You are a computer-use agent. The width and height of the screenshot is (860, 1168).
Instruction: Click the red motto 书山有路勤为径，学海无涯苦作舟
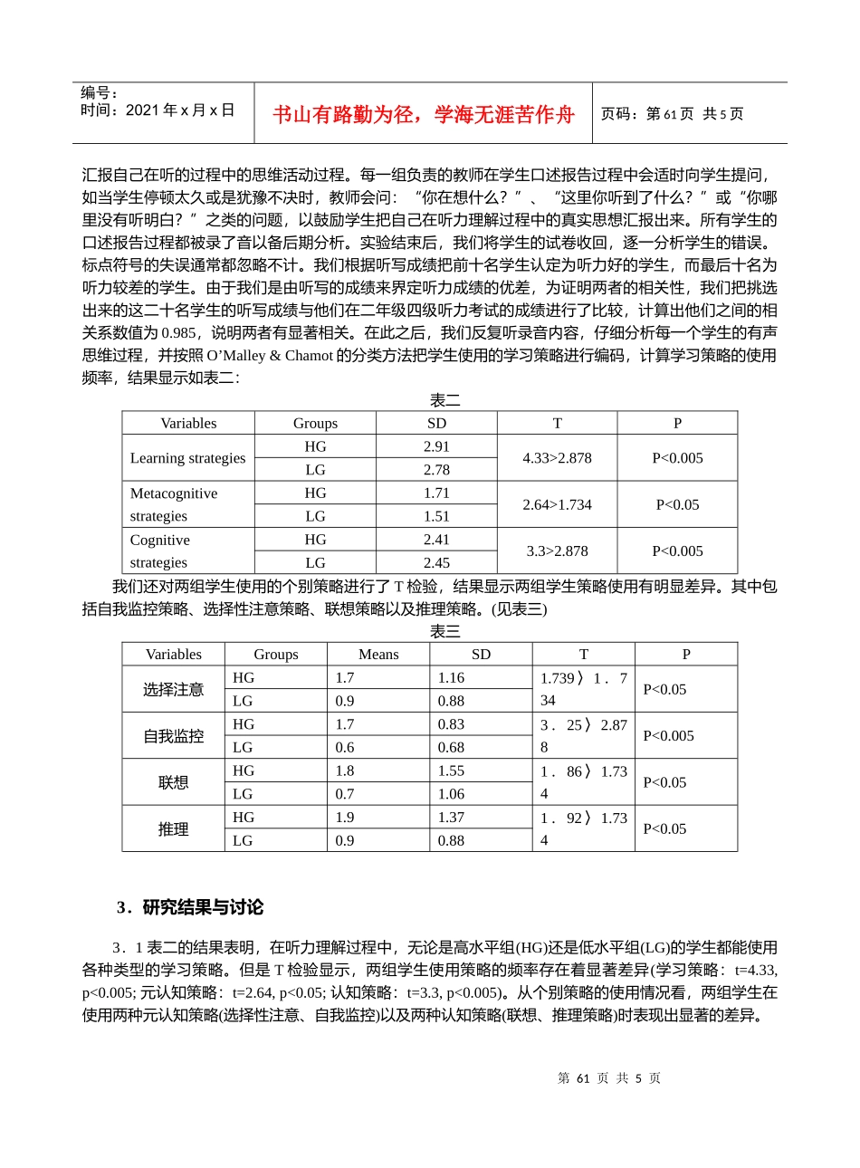tap(424, 114)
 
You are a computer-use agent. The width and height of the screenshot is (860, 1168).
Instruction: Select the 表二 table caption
tap(444, 400)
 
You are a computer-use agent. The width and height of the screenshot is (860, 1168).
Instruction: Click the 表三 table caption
tap(444, 632)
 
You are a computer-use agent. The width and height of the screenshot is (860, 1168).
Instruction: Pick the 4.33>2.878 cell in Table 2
tap(557, 458)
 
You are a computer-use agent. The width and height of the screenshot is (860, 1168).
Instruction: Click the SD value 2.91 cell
tap(436, 446)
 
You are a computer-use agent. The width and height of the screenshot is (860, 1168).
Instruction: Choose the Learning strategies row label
tap(187, 458)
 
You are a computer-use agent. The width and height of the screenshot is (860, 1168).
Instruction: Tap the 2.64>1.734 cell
tap(557, 504)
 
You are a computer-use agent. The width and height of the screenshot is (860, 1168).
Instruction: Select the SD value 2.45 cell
tap(436, 562)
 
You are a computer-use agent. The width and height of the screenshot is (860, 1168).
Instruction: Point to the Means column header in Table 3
tap(378, 655)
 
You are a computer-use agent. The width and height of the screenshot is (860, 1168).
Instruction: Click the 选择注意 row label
tap(173, 690)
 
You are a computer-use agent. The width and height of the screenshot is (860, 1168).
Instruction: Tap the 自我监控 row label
tap(173, 736)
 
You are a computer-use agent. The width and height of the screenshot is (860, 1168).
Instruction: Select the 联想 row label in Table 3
tap(173, 782)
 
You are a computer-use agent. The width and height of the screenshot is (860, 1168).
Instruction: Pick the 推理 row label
tap(173, 829)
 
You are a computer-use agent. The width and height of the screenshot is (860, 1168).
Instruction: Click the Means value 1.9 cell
tap(345, 818)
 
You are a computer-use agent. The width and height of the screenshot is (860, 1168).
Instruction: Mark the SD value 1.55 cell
tap(451, 771)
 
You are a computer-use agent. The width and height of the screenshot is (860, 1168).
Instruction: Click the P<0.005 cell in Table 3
tap(668, 736)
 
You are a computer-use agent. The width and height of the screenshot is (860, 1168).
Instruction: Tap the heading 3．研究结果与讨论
tap(190, 907)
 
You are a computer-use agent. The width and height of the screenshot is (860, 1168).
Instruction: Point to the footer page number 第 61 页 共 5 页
tap(609, 1078)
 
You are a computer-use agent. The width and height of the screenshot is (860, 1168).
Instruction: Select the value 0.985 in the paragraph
tap(177, 333)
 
